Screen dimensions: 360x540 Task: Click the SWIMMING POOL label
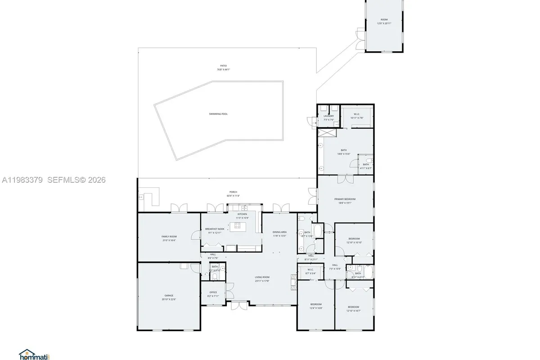[218, 114]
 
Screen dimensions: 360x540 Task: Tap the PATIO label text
[223, 66]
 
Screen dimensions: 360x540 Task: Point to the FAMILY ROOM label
[169, 236]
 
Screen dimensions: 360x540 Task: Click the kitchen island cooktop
[238, 225]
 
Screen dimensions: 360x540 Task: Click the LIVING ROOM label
[262, 277]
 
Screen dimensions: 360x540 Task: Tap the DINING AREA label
[279, 232]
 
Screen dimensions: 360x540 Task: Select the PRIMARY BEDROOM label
[345, 199]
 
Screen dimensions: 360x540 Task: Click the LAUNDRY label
[328, 116]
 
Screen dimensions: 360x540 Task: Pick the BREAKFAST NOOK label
[215, 229]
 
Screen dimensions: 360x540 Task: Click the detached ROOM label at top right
[384, 19]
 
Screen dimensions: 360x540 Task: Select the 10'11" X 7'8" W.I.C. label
[356, 117]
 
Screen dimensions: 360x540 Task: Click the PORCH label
[233, 192]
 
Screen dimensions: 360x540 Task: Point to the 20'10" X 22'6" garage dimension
[169, 299]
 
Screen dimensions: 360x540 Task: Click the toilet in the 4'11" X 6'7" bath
[368, 161]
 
